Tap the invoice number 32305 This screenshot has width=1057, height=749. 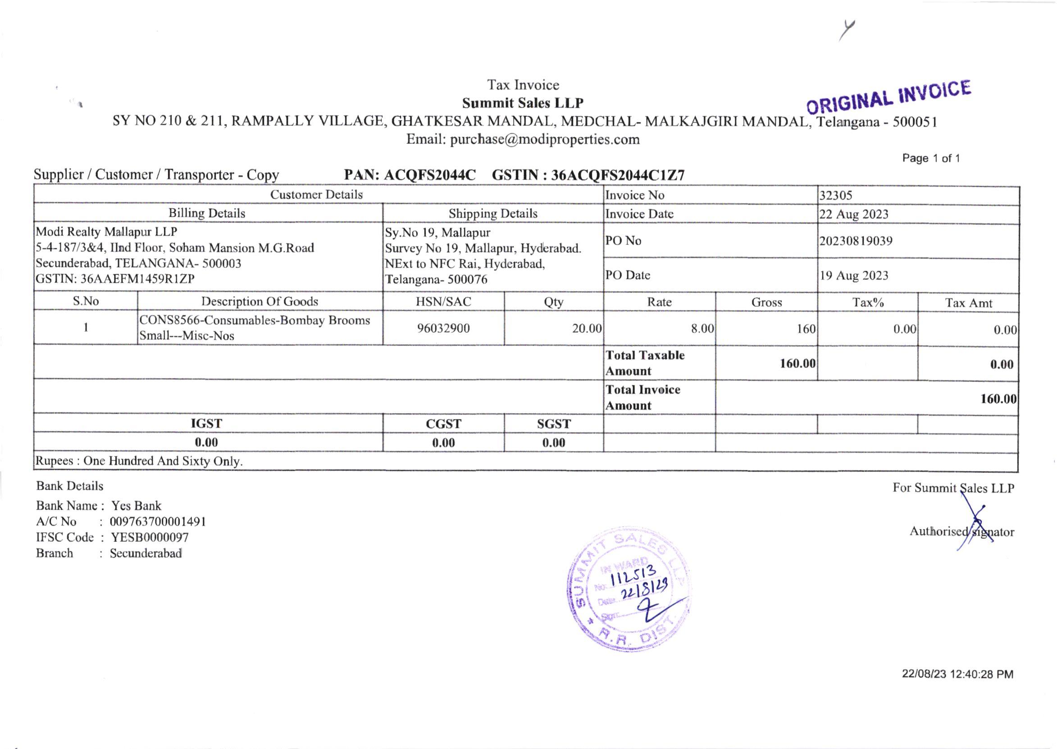[x=835, y=196]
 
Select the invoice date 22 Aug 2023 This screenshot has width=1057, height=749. [x=853, y=215]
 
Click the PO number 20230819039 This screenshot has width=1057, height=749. [x=856, y=241]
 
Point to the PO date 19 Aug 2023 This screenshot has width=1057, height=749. [x=853, y=276]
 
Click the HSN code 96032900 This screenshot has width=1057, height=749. [x=443, y=329]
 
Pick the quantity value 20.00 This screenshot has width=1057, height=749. [x=586, y=329]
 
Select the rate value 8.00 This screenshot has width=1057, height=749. [x=702, y=329]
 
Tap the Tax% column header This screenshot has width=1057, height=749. [x=868, y=302]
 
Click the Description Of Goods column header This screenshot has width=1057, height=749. [x=260, y=301]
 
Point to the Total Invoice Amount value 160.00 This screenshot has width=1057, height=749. [x=998, y=399]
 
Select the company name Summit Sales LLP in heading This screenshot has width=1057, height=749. [x=523, y=103]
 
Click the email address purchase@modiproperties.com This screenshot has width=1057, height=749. [x=544, y=140]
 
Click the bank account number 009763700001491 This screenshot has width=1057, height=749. [x=158, y=522]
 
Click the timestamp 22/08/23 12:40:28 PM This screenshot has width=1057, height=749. [x=957, y=674]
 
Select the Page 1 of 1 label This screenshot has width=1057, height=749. [x=931, y=159]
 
